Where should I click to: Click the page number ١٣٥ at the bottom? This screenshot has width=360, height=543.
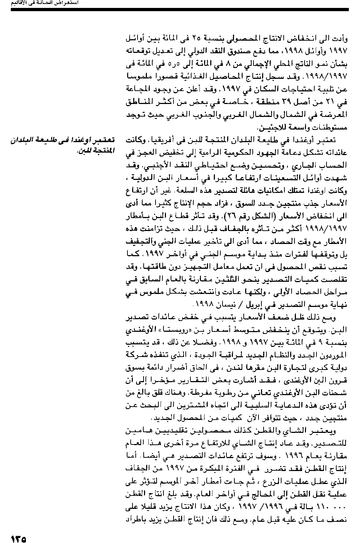tap(19, 538)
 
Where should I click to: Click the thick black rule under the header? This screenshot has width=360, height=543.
tap(180, 9)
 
